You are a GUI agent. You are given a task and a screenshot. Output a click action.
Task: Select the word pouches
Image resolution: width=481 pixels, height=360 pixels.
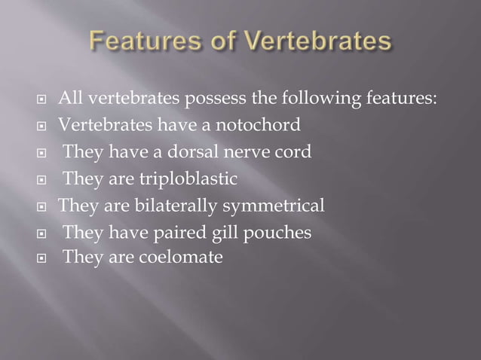(280, 233)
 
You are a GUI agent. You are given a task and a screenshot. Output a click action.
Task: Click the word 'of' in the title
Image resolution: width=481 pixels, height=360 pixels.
(221, 41)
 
